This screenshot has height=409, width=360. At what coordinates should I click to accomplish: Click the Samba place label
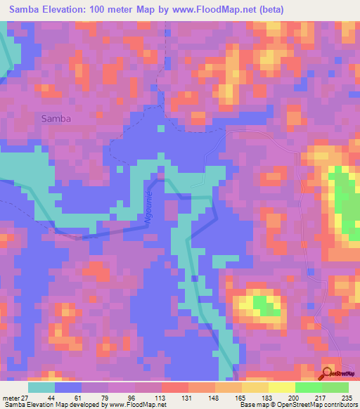56,119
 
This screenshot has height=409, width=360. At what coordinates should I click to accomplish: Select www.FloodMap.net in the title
213,8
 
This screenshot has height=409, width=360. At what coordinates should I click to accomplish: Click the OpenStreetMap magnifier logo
328,374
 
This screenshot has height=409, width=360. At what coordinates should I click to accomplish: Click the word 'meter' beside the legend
10,398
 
